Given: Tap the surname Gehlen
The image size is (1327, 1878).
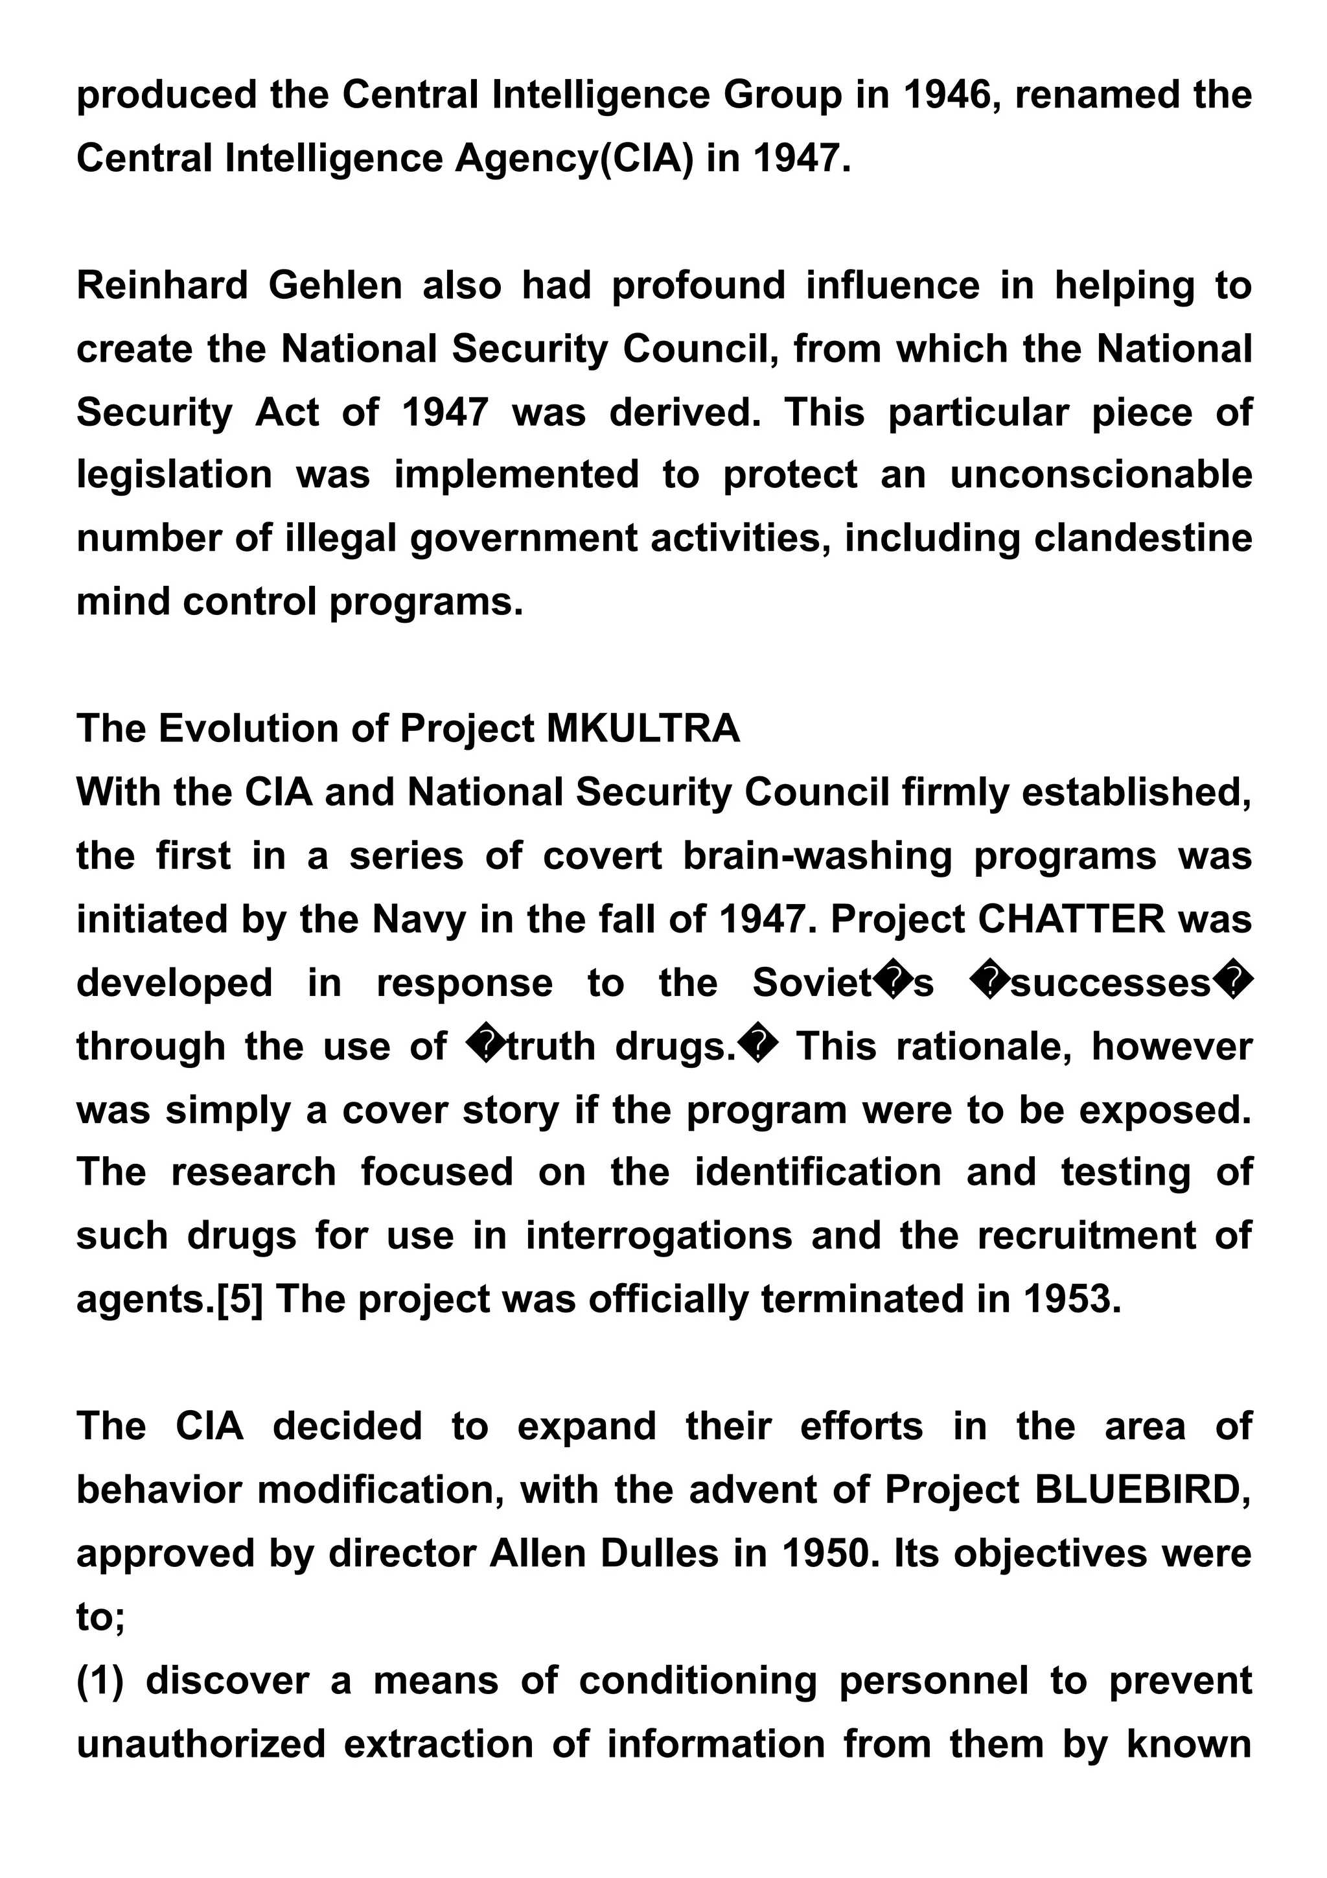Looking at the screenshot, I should pos(335,286).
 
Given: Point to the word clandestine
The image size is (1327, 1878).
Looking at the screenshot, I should pos(1143,539).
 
